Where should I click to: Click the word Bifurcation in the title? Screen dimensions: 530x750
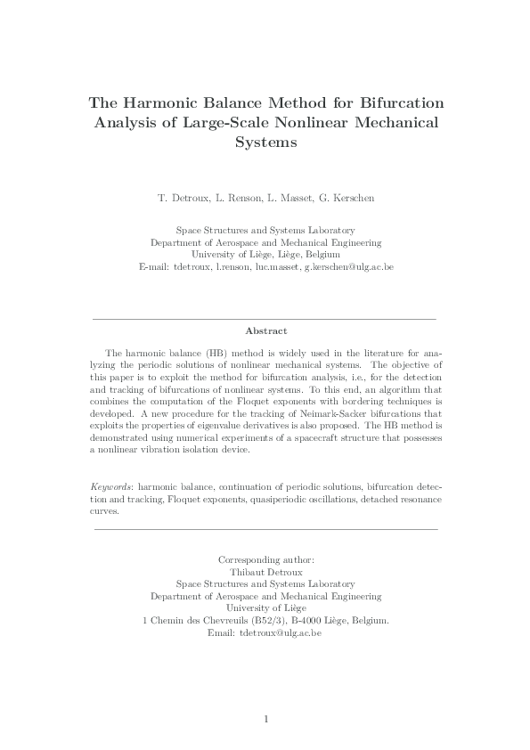point(393,102)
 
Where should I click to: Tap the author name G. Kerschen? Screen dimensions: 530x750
point(347,197)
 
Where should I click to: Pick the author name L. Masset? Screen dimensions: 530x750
point(289,197)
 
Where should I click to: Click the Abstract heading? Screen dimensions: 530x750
point(265,330)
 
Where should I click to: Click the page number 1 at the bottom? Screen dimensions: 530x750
point(265,718)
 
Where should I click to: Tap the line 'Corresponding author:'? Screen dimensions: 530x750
point(265,559)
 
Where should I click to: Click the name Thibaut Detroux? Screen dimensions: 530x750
point(265,572)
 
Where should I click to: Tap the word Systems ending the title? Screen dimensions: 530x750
point(265,143)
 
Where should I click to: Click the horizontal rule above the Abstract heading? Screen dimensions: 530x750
point(265,318)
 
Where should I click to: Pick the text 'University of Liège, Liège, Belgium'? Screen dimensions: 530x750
point(265,254)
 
